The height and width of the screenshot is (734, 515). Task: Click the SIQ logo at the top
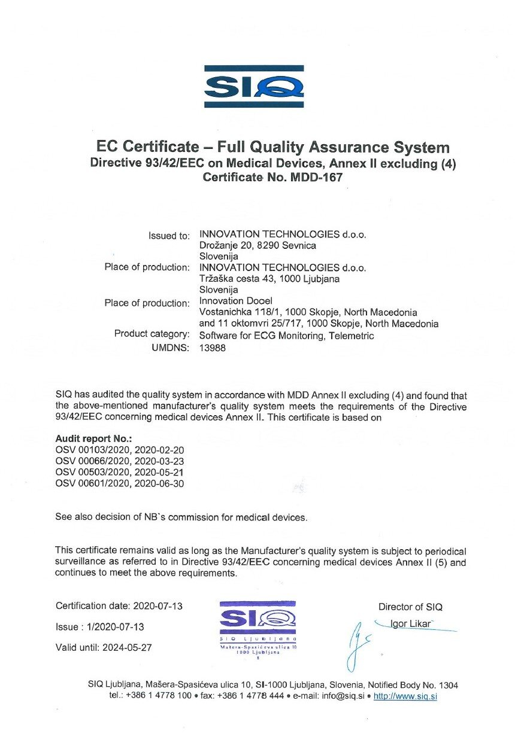click(254, 87)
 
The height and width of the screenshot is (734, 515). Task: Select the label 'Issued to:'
click(169, 236)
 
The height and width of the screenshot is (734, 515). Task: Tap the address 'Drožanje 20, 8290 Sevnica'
click(257, 245)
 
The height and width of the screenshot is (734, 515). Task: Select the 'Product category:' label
click(152, 334)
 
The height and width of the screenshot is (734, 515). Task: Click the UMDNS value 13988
click(212, 348)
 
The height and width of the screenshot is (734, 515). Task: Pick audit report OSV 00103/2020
click(119, 450)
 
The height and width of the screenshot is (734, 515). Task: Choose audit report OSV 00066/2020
click(119, 461)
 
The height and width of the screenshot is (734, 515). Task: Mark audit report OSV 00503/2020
click(119, 472)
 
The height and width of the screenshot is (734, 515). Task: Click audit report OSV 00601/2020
click(119, 483)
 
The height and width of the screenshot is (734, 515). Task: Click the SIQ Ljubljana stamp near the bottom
click(257, 628)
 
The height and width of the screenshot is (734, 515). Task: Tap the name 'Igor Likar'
click(411, 624)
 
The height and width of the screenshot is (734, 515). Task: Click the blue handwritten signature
click(359, 643)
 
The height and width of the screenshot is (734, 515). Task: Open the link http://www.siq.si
click(405, 696)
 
